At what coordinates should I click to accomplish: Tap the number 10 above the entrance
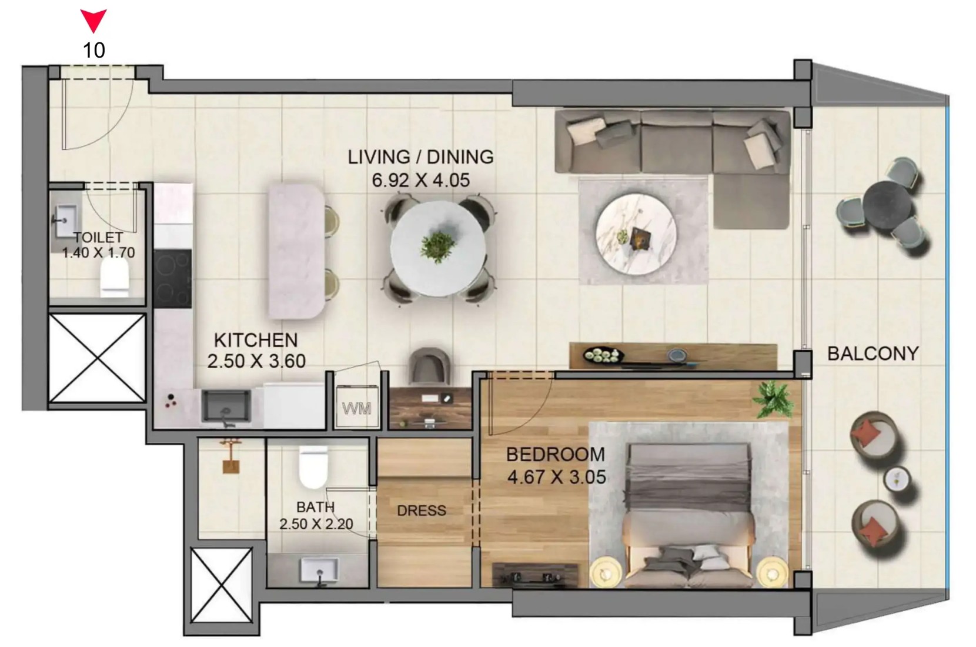point(93,51)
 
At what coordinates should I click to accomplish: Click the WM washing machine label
point(356,409)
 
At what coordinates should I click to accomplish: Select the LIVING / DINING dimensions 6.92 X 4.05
point(420,180)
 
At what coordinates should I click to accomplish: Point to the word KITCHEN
point(256,340)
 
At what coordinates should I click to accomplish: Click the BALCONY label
point(873,353)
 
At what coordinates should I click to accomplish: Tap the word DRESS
point(422,511)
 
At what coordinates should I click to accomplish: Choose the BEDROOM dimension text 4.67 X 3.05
point(556,477)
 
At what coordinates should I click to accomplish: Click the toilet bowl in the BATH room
point(313,467)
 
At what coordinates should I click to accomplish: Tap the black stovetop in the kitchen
point(172,279)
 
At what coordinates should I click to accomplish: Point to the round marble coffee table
point(636,235)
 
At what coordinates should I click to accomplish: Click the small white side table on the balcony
point(896,479)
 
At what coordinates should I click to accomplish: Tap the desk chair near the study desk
point(429,366)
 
